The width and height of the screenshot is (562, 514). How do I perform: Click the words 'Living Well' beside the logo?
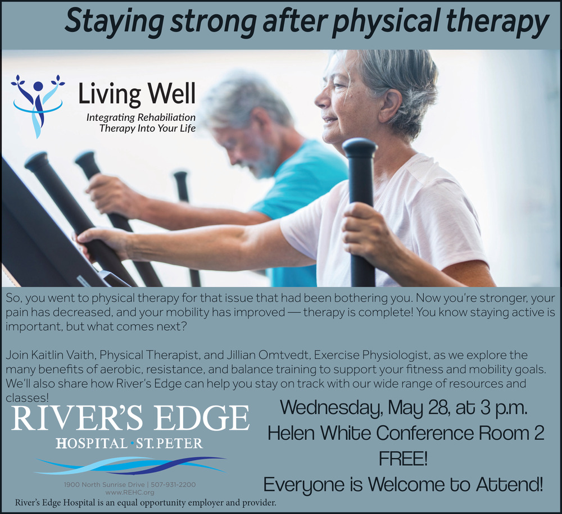137,93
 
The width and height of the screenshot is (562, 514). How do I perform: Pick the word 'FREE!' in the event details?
403,458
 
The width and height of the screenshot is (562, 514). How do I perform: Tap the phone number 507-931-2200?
174,485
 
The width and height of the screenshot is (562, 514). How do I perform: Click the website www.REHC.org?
130,493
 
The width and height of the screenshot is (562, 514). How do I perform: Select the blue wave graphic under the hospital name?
130,465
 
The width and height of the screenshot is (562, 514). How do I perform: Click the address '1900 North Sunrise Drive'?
105,485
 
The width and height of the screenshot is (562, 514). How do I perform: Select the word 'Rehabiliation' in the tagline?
167,117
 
